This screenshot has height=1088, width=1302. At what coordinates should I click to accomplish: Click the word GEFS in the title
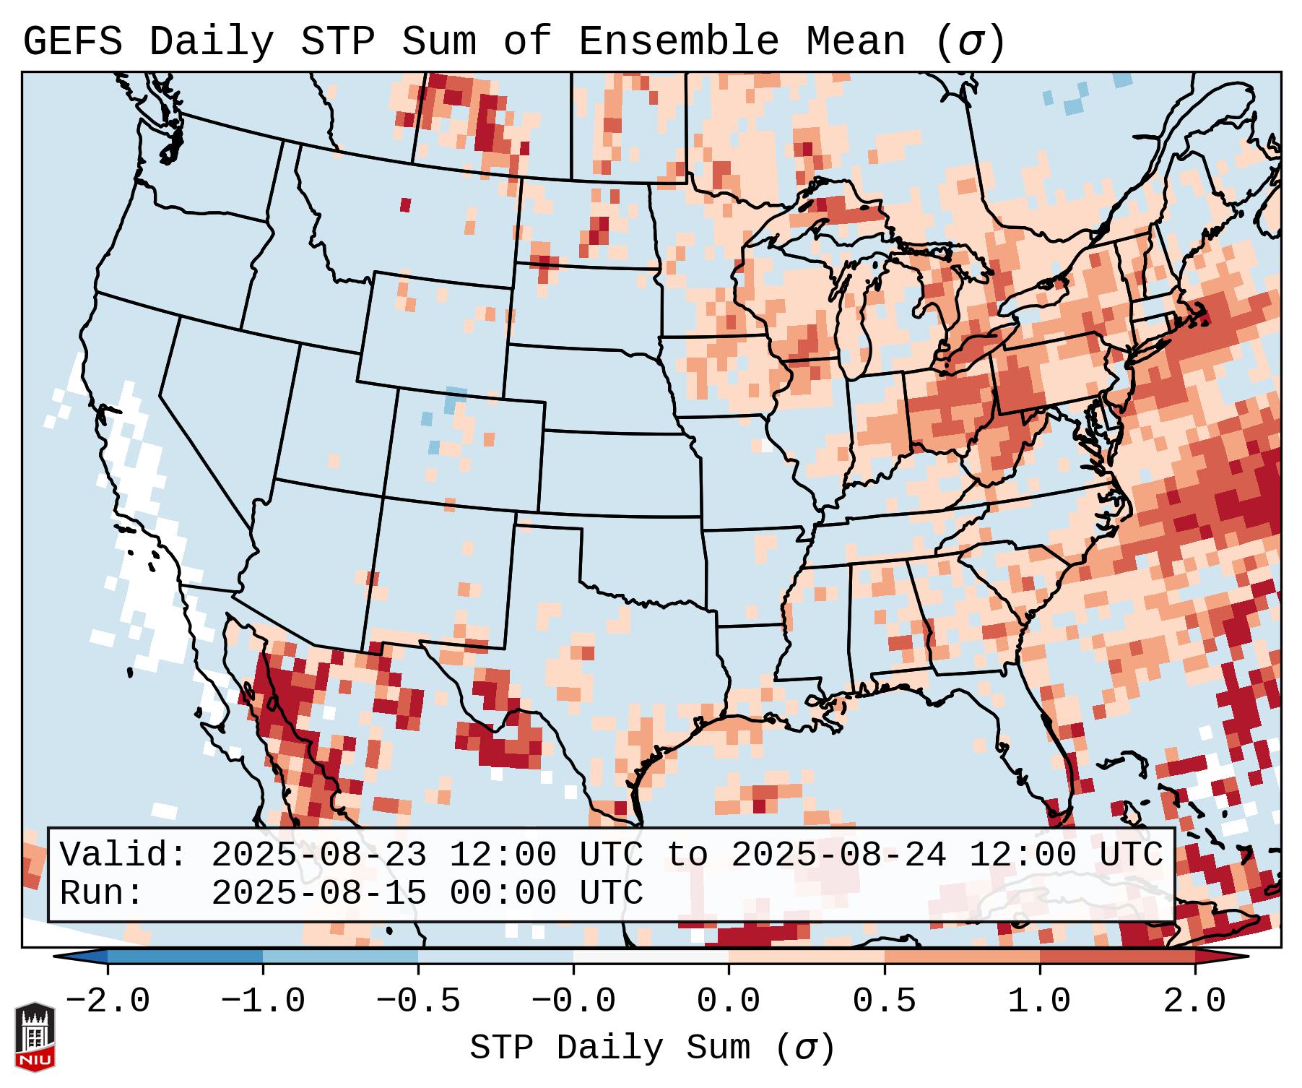click(72, 41)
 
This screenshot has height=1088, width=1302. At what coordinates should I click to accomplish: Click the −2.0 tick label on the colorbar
click(108, 1001)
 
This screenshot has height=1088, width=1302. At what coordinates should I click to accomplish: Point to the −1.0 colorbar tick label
click(263, 1001)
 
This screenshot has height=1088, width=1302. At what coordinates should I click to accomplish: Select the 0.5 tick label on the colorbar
click(885, 1001)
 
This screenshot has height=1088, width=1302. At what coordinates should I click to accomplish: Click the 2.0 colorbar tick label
click(1195, 1001)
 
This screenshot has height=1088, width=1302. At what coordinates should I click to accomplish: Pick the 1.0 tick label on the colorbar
click(1040, 1001)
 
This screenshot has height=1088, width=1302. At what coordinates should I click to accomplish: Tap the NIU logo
click(35, 1037)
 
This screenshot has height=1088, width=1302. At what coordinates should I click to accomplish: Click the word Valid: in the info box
click(123, 855)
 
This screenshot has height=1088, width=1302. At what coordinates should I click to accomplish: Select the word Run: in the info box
click(102, 893)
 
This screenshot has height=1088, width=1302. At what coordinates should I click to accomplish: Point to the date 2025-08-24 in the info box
click(838, 855)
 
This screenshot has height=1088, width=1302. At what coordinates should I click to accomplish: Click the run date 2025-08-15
click(318, 893)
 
